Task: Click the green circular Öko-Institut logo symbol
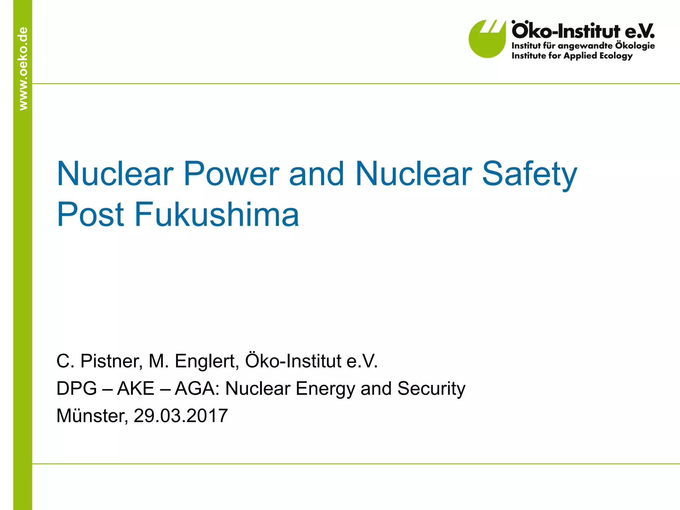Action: pyautogui.click(x=486, y=39)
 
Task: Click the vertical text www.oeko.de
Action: pyautogui.click(x=23, y=68)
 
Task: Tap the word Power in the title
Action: pyautogui.click(x=231, y=174)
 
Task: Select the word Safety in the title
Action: pyautogui.click(x=529, y=174)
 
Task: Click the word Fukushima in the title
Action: pyautogui.click(x=216, y=214)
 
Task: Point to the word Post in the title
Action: pyautogui.click(x=90, y=214)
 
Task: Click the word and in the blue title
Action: pyautogui.click(x=316, y=174)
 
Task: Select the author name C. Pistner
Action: pyautogui.click(x=99, y=361)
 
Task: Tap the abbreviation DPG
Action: pyautogui.click(x=77, y=388)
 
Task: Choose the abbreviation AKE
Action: pyautogui.click(x=136, y=388)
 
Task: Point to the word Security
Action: pyautogui.click(x=431, y=388)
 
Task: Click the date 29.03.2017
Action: pyautogui.click(x=181, y=416)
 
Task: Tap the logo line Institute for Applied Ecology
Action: pyautogui.click(x=572, y=55)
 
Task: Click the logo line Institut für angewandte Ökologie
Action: pyautogui.click(x=583, y=45)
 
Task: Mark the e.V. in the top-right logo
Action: pyautogui.click(x=639, y=31)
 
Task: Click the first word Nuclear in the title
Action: pyautogui.click(x=115, y=174)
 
